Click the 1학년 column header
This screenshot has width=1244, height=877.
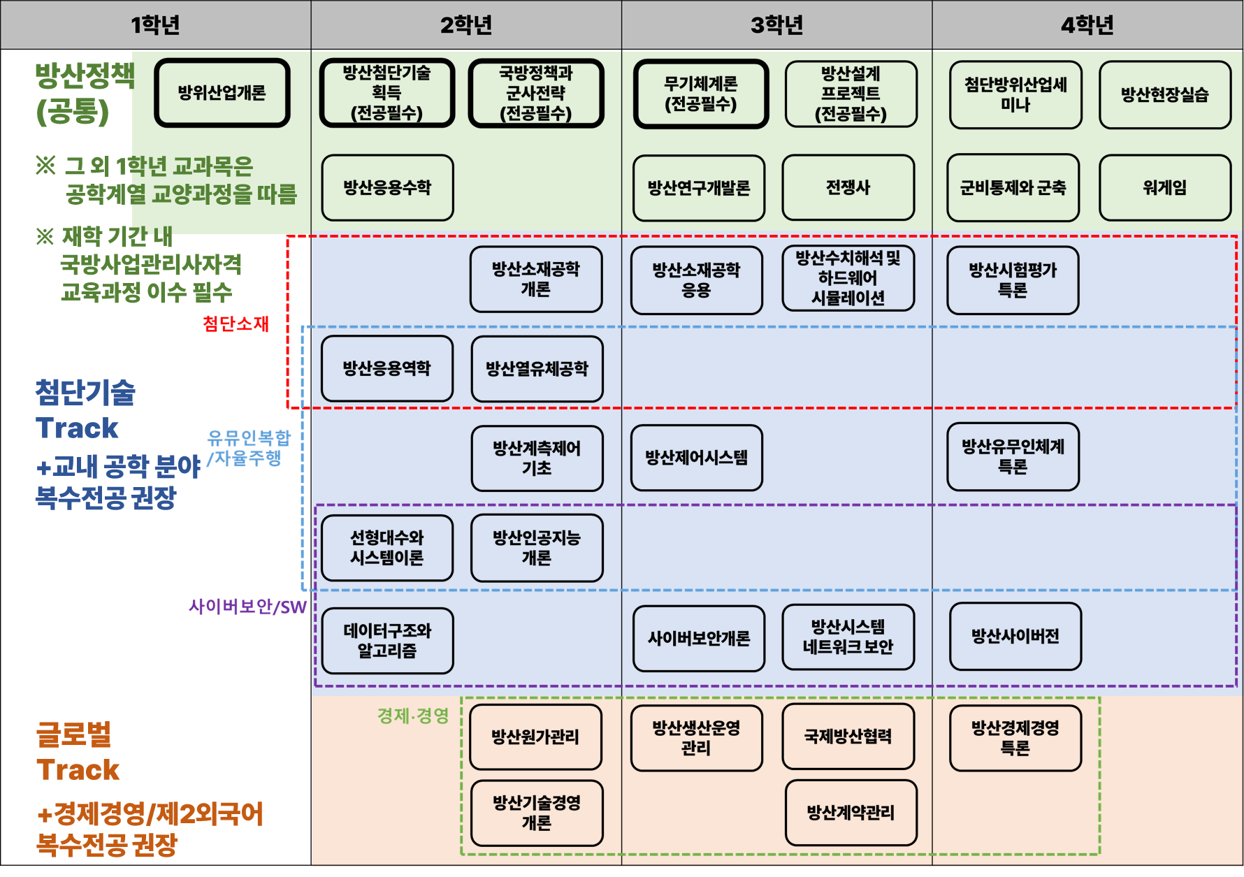pos(155,25)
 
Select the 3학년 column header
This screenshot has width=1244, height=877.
pos(776,25)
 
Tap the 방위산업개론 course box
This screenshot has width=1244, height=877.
pos(222,93)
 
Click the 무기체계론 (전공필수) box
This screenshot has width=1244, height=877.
pos(700,94)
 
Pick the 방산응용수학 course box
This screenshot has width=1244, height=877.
pos(387,187)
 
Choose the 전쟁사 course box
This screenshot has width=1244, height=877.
pos(848,187)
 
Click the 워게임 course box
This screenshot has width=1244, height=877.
pos(1164,187)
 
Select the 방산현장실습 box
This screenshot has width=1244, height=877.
pos(1164,94)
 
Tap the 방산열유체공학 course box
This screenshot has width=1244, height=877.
pos(537,369)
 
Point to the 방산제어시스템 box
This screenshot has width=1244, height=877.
pos(696,458)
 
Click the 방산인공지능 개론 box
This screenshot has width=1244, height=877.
pos(537,548)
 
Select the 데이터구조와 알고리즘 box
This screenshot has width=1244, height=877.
pos(387,641)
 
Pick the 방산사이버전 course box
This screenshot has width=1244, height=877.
pos(1015,636)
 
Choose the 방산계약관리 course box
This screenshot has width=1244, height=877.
pos(851,813)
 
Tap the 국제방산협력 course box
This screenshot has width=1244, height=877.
pos(848,736)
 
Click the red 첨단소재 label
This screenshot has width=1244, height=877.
pos(236,324)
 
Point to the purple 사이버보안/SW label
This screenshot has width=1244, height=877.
pos(247,607)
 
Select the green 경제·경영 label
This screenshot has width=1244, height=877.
pos(412,716)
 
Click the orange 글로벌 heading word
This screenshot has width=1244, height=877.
pos(73,734)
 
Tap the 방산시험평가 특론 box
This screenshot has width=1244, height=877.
pos(1012,280)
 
